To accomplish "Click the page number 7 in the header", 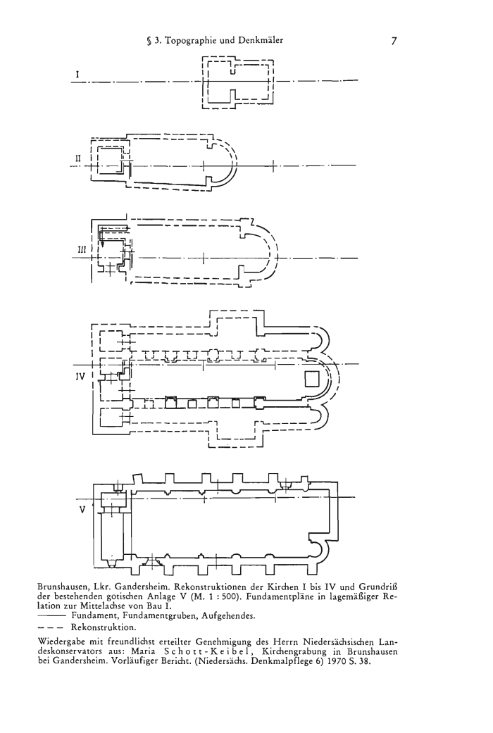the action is (394, 41).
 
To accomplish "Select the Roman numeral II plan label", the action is (79, 158).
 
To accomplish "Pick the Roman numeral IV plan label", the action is (80, 375).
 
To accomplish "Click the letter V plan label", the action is (82, 510).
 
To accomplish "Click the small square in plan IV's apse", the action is (312, 379).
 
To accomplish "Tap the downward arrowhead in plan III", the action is (103, 243).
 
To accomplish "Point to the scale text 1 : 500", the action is (226, 596).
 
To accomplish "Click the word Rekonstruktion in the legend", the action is (103, 627).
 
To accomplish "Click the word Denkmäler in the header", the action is (260, 41).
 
